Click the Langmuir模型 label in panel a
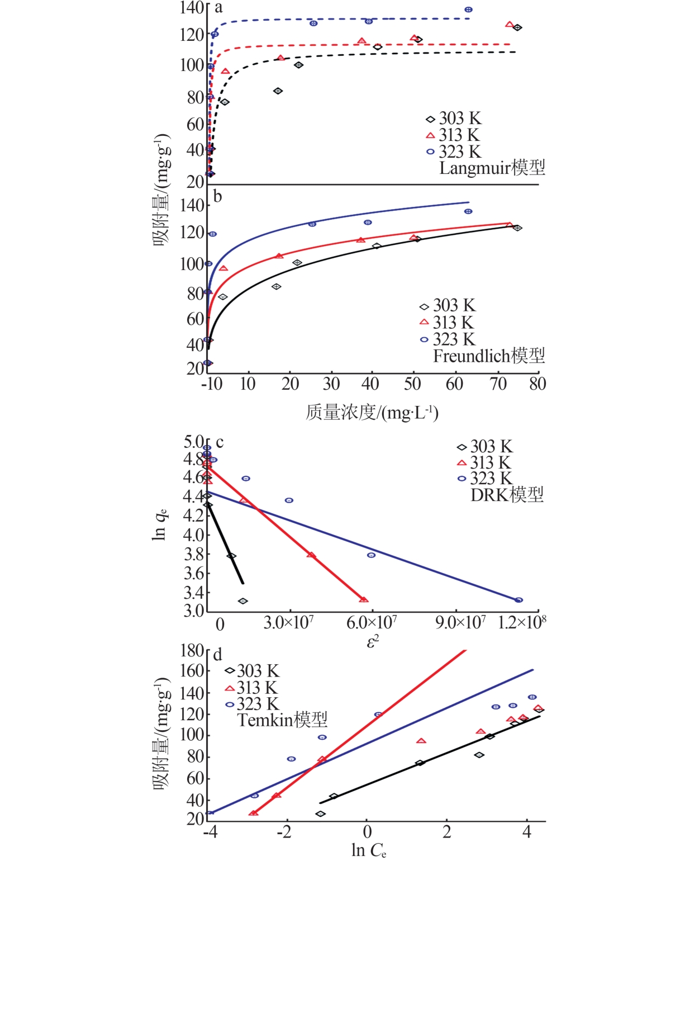click(492, 168)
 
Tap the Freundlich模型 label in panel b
click(488, 356)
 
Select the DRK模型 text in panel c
click(507, 495)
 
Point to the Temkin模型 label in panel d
click(282, 720)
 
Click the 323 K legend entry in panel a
click(453, 152)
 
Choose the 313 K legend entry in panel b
click(446, 323)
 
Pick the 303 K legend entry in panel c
click(484, 447)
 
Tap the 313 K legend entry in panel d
click(251, 688)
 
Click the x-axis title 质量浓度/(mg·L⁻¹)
click(372, 413)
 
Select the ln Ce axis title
click(369, 850)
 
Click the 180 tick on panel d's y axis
click(192, 651)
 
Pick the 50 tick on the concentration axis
click(412, 384)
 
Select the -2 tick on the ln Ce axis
click(284, 831)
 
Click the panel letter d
click(217, 655)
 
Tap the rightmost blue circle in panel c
click(519, 600)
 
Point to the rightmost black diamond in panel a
click(517, 27)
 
